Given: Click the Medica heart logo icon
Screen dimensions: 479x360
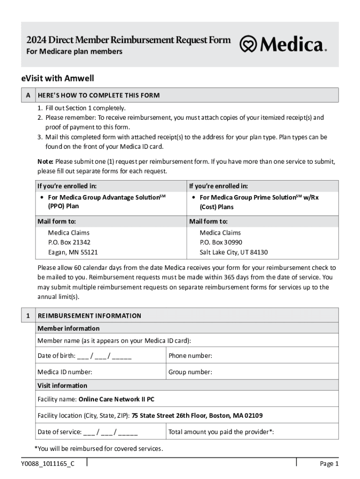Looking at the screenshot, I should click(x=248, y=44).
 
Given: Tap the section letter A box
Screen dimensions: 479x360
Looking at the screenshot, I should click(x=28, y=95).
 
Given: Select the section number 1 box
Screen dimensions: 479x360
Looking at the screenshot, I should click(x=28, y=316).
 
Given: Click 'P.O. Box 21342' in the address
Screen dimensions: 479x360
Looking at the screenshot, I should click(x=69, y=242).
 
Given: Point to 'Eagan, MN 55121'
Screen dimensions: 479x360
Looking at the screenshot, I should click(x=73, y=252).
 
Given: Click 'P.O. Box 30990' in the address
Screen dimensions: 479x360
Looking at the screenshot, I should click(x=221, y=242).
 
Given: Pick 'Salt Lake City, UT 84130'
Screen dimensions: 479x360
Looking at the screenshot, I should click(x=234, y=252).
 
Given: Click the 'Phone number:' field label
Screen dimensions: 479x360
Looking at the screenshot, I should click(x=190, y=356).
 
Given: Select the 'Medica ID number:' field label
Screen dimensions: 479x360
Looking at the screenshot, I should click(x=65, y=372).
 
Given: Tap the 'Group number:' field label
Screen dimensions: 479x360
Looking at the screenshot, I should click(x=190, y=372).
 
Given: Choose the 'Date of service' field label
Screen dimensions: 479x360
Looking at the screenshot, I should click(x=59, y=432).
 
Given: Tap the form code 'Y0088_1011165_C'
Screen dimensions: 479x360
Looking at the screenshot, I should click(x=47, y=464).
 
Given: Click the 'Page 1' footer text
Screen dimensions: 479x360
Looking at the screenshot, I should click(x=329, y=464).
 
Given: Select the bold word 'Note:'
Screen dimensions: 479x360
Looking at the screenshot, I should click(x=45, y=161).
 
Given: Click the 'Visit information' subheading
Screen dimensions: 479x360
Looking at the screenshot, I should click(x=62, y=386).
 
